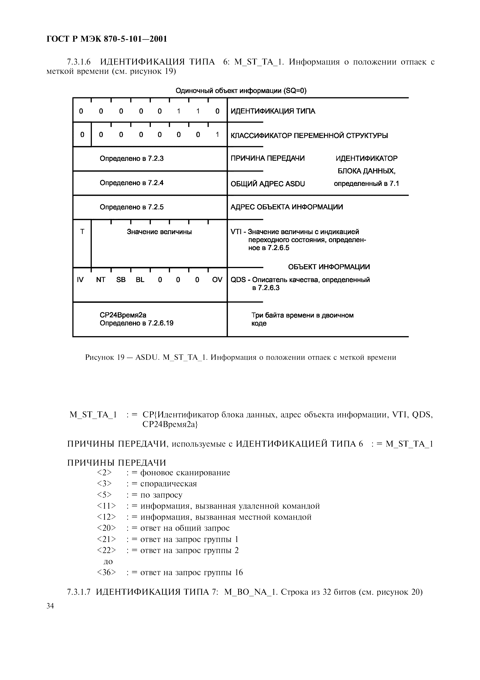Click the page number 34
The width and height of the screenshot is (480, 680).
(x=50, y=606)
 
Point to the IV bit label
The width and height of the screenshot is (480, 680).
(x=80, y=280)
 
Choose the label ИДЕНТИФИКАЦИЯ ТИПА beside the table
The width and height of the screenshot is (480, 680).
(x=273, y=111)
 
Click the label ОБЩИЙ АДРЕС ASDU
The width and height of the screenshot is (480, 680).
(x=267, y=184)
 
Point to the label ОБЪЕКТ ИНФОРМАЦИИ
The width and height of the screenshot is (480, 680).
(x=329, y=267)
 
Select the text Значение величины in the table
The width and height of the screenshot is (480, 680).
(x=159, y=232)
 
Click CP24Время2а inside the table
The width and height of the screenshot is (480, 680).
(x=123, y=315)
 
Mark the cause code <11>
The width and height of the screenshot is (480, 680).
(x=106, y=506)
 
